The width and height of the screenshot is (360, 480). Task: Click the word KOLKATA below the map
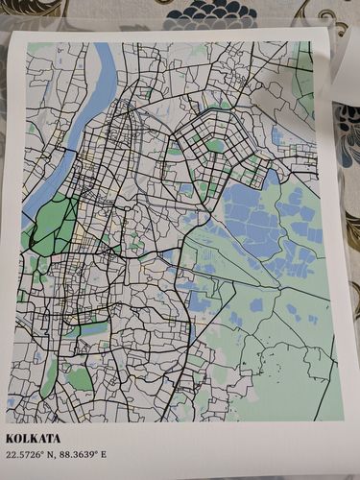pos(33,439)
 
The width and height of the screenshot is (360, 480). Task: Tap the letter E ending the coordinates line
pos(104,454)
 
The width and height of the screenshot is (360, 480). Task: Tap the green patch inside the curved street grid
pos(216,146)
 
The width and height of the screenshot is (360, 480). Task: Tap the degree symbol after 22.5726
pos(41,451)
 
